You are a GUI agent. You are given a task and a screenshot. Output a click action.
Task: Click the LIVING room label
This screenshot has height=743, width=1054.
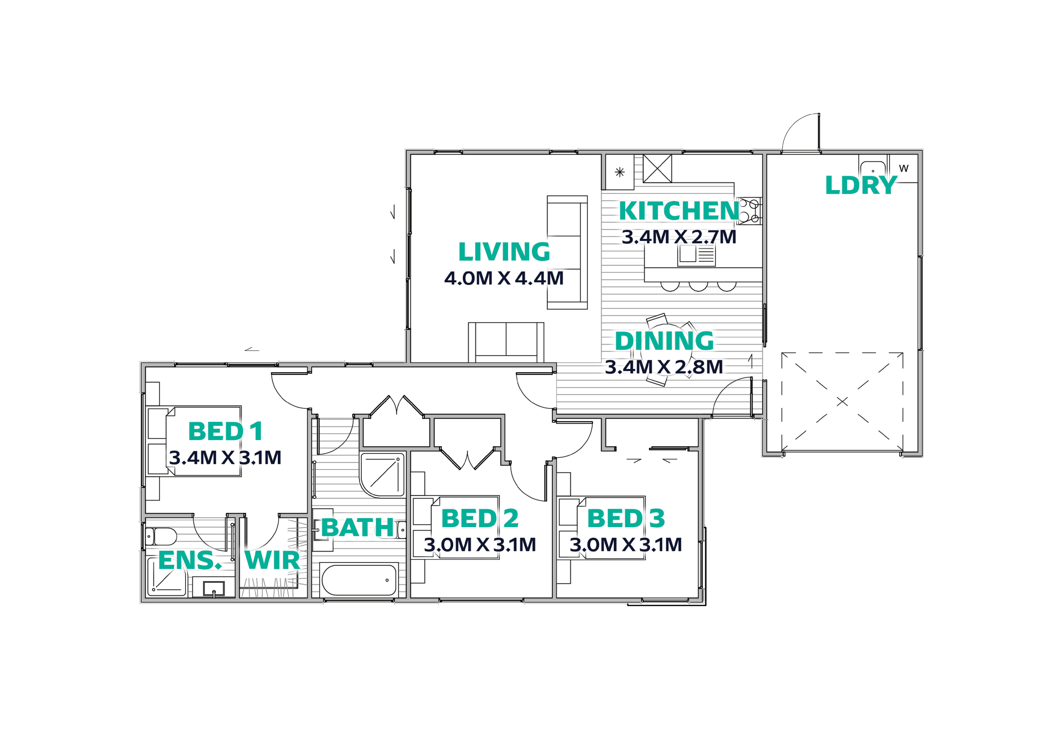pyautogui.click(x=504, y=252)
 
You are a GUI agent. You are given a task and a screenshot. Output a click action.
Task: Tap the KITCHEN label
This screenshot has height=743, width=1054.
pyautogui.click(x=679, y=211)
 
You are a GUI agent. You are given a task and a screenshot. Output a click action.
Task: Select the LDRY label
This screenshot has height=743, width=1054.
pyautogui.click(x=861, y=185)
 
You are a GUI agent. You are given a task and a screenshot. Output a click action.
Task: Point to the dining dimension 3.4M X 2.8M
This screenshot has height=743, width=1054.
pyautogui.click(x=664, y=367)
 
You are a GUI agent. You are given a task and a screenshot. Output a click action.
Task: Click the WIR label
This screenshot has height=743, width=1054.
pyautogui.click(x=272, y=561)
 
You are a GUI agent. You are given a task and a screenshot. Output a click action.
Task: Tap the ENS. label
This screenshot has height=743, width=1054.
pyautogui.click(x=190, y=561)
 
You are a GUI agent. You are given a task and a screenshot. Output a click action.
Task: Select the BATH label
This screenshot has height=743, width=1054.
pyautogui.click(x=358, y=527)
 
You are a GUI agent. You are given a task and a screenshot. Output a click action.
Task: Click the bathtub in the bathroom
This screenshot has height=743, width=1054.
pyautogui.click(x=359, y=580)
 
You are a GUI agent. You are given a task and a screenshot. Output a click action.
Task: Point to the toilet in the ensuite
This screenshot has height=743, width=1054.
pyautogui.click(x=161, y=536)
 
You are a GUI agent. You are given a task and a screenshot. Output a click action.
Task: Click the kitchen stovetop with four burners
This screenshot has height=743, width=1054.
pyautogui.click(x=750, y=211)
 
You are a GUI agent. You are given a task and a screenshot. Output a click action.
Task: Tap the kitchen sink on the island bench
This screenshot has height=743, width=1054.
pyautogui.click(x=696, y=255)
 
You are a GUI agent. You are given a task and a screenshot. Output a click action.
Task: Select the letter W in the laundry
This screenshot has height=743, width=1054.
pyautogui.click(x=903, y=169)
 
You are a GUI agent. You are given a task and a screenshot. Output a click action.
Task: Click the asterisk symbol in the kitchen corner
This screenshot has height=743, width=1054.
pyautogui.click(x=620, y=172)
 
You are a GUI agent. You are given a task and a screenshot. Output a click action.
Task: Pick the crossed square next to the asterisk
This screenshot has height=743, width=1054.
pyautogui.click(x=657, y=169)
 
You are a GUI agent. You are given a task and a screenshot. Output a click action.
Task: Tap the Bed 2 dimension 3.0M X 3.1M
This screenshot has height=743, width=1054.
pyautogui.click(x=480, y=545)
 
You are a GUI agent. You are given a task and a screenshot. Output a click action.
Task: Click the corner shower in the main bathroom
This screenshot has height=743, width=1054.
pyautogui.click(x=382, y=475)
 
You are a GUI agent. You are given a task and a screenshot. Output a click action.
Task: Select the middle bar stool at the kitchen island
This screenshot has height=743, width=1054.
pyautogui.click(x=698, y=287)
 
